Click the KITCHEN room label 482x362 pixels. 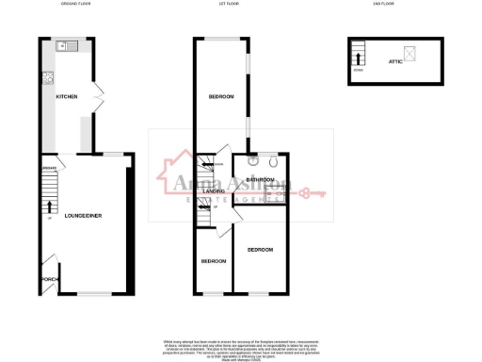[66, 97]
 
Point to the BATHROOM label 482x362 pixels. [259, 178]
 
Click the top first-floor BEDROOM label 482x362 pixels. [221, 97]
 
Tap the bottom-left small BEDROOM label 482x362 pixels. [214, 260]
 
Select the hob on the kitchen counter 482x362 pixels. [43, 79]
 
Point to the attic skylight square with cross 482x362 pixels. [409, 53]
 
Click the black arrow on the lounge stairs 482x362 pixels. [48, 206]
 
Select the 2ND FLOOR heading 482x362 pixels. [382, 5]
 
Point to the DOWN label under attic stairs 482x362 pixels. [357, 71]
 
